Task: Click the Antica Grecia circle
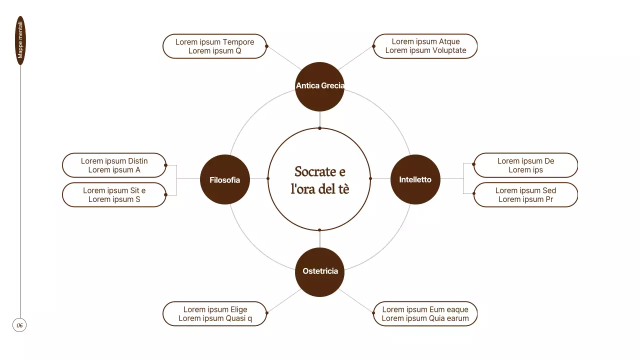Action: tap(319, 86)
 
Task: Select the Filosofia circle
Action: tap(225, 179)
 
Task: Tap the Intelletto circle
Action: tap(415, 179)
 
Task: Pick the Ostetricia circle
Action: tap(319, 272)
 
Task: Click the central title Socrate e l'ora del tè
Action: tap(319, 180)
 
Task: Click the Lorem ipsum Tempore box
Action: tap(214, 46)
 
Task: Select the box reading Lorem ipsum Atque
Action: tap(425, 46)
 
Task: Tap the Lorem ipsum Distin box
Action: tap(114, 165)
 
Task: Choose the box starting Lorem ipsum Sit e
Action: tap(114, 195)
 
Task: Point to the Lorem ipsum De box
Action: tap(525, 165)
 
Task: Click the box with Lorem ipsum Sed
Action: tap(525, 195)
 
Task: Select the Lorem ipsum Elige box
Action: tap(215, 313)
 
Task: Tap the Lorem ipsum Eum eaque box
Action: tap(425, 313)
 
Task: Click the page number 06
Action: tap(19, 325)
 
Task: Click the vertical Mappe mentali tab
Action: tap(20, 40)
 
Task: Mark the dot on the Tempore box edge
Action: tap(266, 46)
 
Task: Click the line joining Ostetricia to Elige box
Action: tap(284, 301)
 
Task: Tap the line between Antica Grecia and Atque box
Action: tap(355, 57)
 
